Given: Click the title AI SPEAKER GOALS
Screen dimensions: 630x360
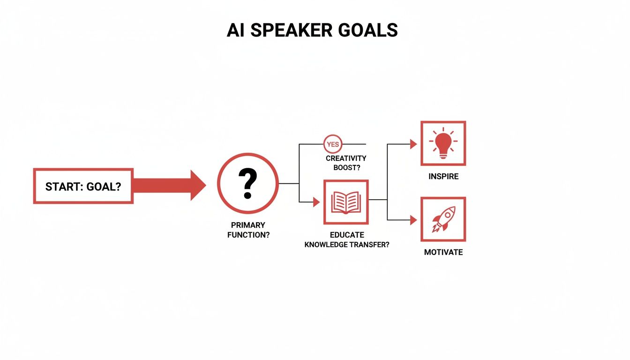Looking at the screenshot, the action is point(312,30).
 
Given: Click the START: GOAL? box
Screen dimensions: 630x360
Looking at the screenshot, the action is point(83,186).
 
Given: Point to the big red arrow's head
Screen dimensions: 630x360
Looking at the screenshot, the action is point(197,186).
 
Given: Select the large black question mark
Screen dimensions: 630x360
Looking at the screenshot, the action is point(247,183).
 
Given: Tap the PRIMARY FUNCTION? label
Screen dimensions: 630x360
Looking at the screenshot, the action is point(248,230).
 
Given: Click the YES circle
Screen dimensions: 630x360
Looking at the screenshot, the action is point(333,144).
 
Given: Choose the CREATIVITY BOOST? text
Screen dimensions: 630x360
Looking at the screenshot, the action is point(346,163).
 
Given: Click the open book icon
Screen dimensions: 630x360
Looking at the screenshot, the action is point(346,202).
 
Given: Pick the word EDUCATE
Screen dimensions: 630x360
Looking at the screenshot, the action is point(346,235).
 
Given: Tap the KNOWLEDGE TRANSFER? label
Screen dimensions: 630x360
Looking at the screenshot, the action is point(346,244).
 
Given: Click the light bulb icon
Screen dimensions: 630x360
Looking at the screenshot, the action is point(443,142).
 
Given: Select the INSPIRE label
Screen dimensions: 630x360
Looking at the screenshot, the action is point(443,177).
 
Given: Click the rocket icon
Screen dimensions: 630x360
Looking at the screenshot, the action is point(443,219).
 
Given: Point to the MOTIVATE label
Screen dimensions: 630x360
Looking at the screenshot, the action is point(443,252).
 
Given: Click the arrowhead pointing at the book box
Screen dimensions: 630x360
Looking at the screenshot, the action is point(316,202).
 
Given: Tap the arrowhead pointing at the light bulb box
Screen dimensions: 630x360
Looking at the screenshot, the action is point(413,144).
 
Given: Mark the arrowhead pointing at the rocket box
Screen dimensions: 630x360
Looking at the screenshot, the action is point(413,219).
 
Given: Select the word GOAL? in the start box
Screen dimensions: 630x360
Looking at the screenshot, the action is point(103,186).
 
